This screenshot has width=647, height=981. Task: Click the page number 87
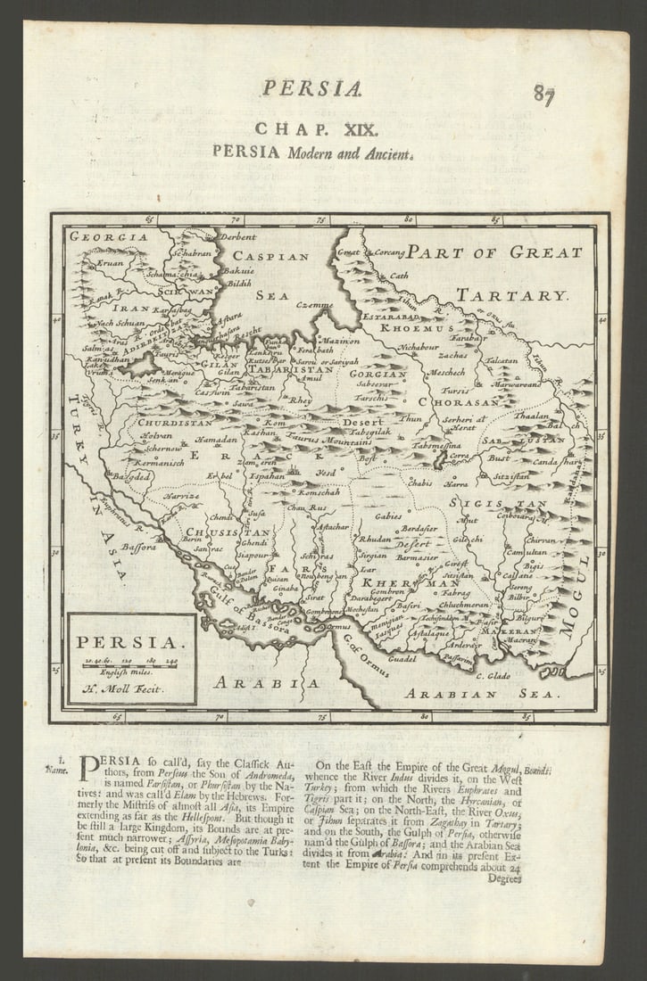click(544, 94)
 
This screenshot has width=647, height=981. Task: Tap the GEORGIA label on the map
click(109, 237)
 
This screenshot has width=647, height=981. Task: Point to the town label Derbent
click(237, 237)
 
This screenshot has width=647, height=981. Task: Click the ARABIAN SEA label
click(482, 693)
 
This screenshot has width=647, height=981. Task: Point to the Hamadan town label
click(217, 441)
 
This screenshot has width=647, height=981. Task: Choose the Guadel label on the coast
click(402, 659)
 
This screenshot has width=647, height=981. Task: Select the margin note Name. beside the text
click(58, 770)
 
